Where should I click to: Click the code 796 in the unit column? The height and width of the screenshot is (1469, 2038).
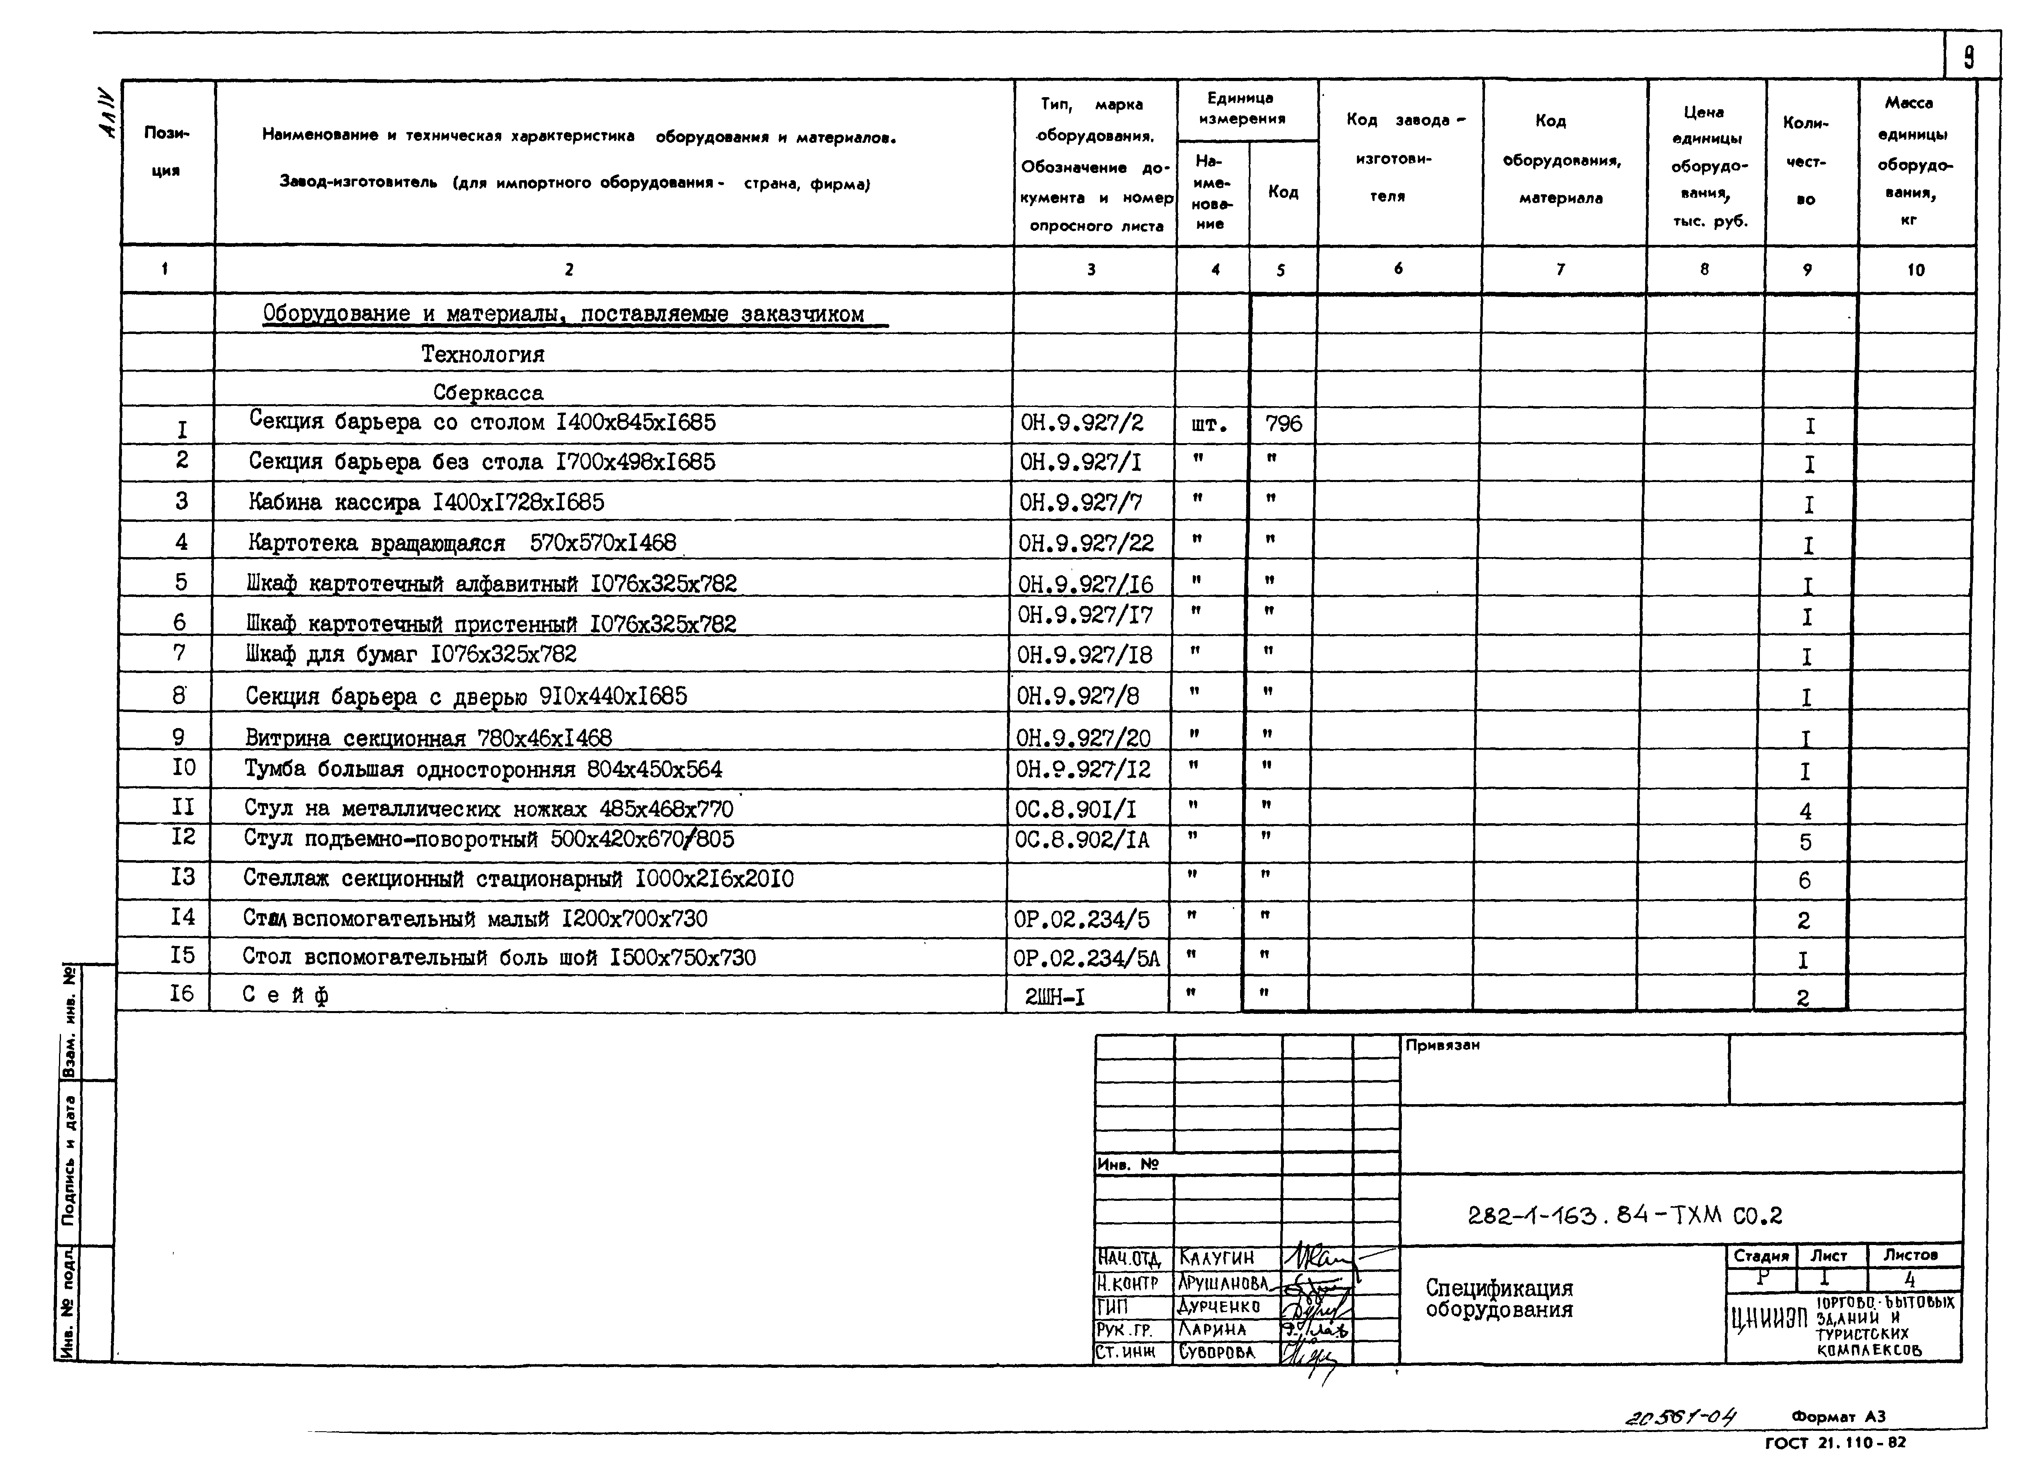point(1283,423)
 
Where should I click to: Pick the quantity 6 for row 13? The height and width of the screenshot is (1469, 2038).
point(1804,881)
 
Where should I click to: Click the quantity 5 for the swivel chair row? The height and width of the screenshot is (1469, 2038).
point(1805,842)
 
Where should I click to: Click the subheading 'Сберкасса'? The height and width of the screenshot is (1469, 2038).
point(488,393)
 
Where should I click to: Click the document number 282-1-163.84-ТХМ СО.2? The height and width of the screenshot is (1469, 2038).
point(1624,1216)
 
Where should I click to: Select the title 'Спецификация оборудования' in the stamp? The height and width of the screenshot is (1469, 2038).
point(1499,1298)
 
